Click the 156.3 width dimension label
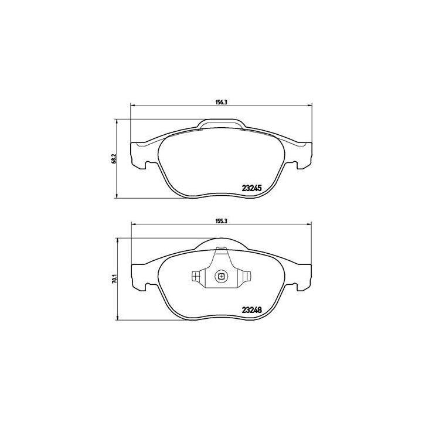click(x=220, y=101)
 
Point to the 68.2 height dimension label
click(x=114, y=159)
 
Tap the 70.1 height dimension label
click(x=114, y=280)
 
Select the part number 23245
click(x=251, y=188)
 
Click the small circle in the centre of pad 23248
click(x=220, y=276)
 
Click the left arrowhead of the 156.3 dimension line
click(x=131, y=105)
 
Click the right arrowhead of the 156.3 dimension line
click(x=310, y=105)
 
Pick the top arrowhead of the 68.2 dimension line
click(x=119, y=120)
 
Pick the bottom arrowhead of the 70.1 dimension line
click(x=119, y=321)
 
